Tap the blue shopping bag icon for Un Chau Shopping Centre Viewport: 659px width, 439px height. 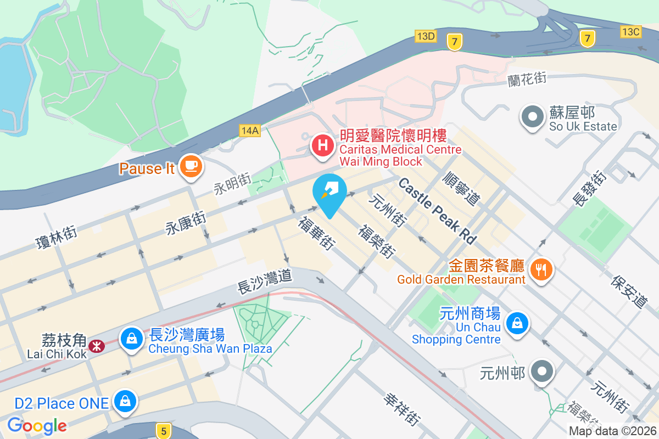[517, 323]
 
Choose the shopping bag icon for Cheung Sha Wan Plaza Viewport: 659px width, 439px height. [132, 338]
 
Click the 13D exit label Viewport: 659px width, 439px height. [426, 36]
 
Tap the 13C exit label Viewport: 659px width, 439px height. [630, 32]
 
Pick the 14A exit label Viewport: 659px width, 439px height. [249, 130]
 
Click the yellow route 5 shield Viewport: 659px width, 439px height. [163, 431]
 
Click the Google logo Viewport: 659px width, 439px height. [37, 425]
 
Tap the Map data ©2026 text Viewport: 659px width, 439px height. [612, 431]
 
